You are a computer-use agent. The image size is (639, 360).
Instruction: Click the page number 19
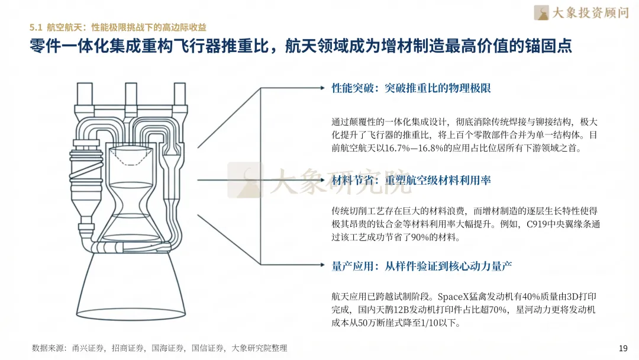point(623,348)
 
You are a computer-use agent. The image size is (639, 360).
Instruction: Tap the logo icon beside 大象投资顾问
point(541,12)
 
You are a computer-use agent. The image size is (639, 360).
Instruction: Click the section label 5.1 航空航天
point(57,27)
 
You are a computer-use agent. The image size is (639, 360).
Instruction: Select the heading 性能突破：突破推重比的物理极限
point(411,88)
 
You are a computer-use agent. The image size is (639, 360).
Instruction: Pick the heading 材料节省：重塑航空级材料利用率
point(411,180)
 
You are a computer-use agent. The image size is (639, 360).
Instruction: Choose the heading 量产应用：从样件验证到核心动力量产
point(421,266)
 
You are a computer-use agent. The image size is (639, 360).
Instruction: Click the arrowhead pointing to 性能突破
point(322,88)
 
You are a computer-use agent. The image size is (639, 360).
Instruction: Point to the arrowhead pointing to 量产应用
point(322,265)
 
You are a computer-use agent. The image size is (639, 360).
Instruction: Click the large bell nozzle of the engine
point(131,285)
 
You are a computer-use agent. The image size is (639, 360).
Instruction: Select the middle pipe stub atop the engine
point(131,94)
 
